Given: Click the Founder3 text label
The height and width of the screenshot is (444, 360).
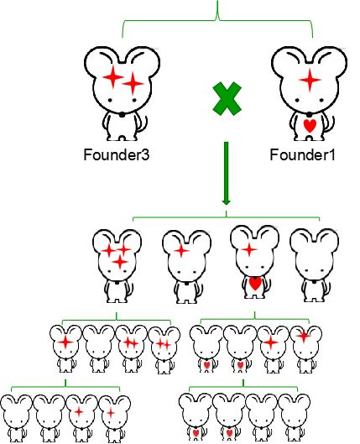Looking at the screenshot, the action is click(x=116, y=154).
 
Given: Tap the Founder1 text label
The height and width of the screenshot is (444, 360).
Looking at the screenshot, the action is click(x=302, y=154).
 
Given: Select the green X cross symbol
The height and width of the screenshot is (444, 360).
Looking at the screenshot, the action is click(x=227, y=99).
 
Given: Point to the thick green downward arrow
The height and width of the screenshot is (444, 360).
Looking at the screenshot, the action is click(x=226, y=173).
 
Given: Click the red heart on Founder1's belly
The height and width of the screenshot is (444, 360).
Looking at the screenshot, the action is click(x=310, y=125).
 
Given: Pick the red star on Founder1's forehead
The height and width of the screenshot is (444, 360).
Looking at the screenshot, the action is click(x=310, y=80).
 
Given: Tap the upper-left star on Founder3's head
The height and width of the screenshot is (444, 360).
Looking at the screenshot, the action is click(x=113, y=76).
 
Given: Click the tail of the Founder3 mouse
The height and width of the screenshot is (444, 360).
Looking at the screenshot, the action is click(x=143, y=124).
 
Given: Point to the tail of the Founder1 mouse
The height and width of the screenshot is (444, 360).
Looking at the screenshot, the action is click(x=330, y=124).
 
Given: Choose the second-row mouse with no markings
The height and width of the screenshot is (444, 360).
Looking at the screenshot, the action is click(x=314, y=265).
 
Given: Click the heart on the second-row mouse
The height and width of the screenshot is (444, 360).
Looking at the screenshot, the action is click(x=255, y=284).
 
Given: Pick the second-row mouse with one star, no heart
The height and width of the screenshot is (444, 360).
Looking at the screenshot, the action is click(x=187, y=266).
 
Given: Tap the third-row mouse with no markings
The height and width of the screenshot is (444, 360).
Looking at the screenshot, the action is click(x=98, y=349).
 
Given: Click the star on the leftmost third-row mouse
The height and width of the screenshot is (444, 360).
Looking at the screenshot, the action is click(x=65, y=342).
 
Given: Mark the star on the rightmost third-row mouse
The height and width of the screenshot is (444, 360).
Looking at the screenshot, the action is click(x=304, y=336).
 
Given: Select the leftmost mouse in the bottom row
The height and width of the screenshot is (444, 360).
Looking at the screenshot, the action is click(x=16, y=419).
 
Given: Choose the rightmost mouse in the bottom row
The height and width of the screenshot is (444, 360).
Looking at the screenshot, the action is click(x=295, y=418).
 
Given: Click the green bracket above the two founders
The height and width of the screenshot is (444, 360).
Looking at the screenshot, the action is click(x=217, y=20).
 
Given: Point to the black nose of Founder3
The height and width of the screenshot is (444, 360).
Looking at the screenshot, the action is click(x=122, y=115).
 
